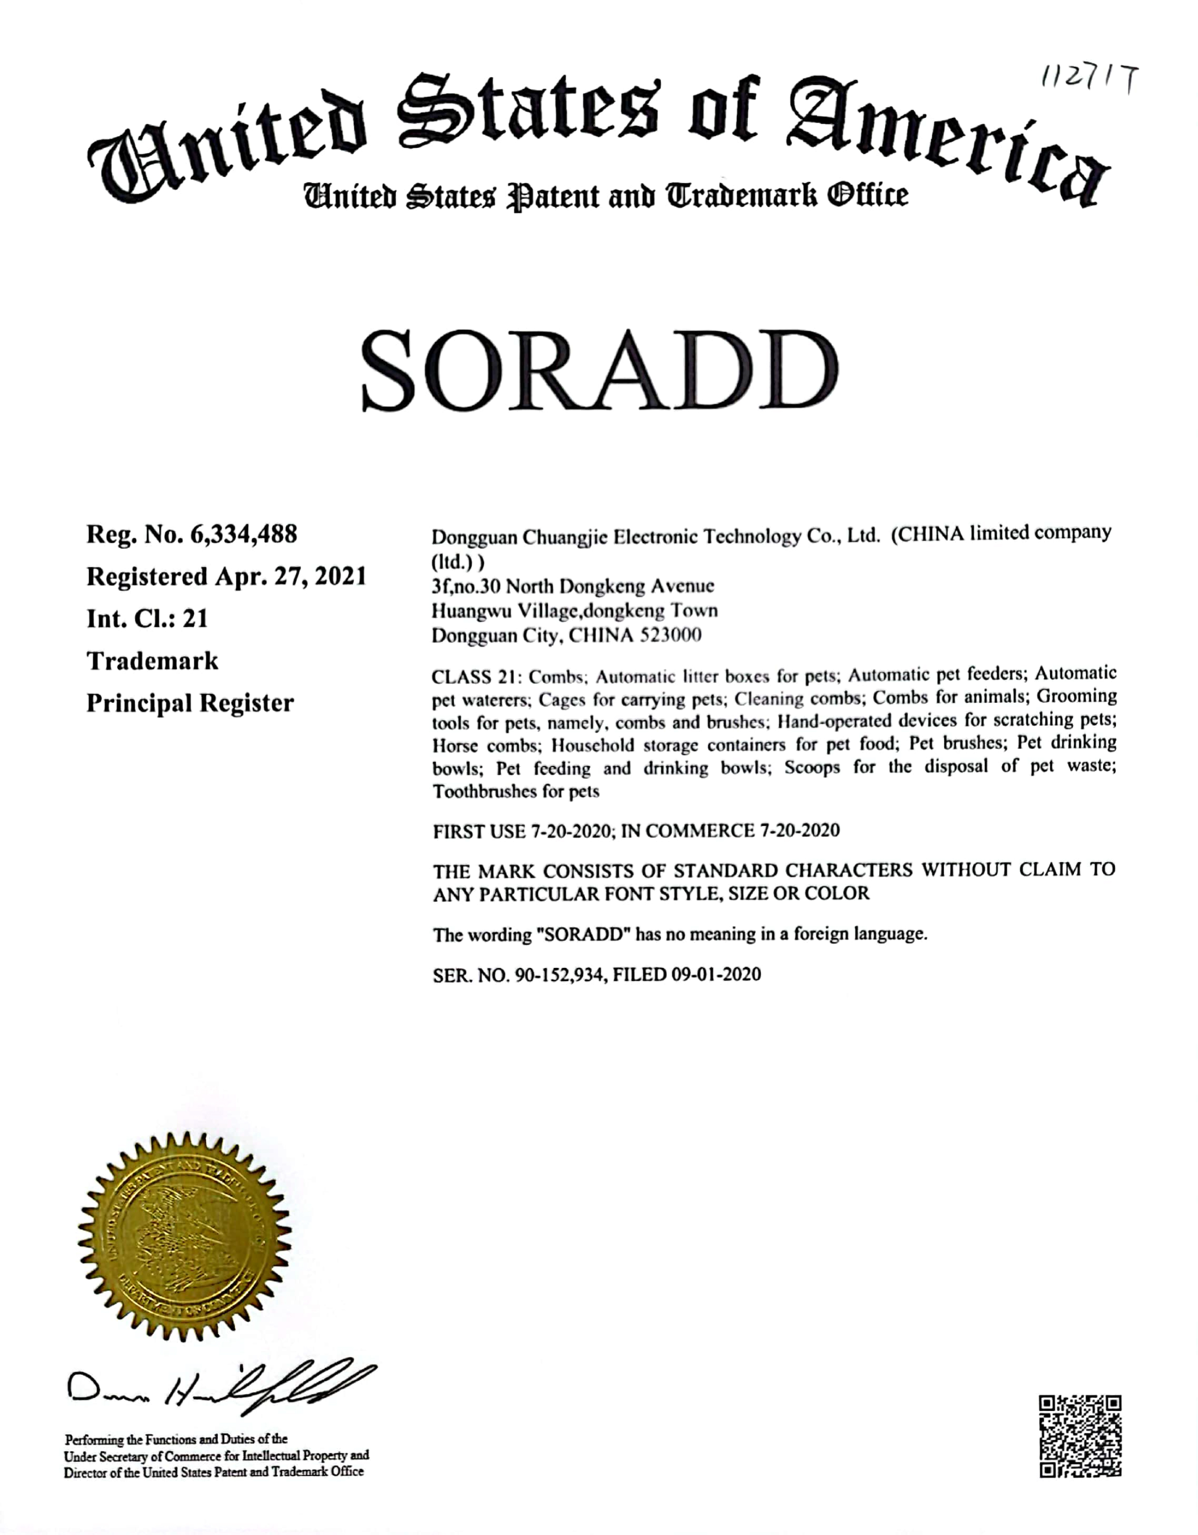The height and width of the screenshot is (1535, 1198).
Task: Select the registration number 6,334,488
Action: pyautogui.click(x=243, y=534)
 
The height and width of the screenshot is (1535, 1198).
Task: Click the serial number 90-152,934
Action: pyautogui.click(x=560, y=975)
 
